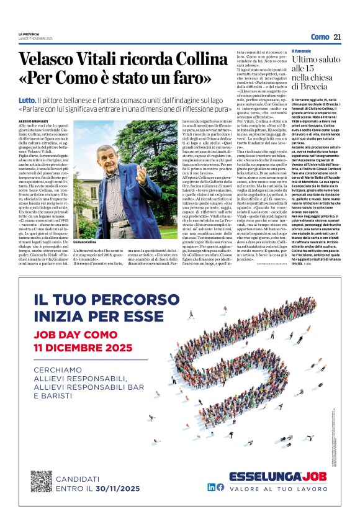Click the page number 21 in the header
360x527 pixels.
click(337, 37)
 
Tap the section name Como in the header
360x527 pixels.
click(320, 37)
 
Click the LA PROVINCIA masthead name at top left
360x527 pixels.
click(28, 34)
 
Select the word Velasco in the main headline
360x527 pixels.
click(51, 60)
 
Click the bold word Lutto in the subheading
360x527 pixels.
click(27, 100)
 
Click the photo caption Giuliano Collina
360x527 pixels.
click(86, 241)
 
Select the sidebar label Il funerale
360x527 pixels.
click(302, 51)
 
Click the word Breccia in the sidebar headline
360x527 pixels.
click(309, 86)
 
